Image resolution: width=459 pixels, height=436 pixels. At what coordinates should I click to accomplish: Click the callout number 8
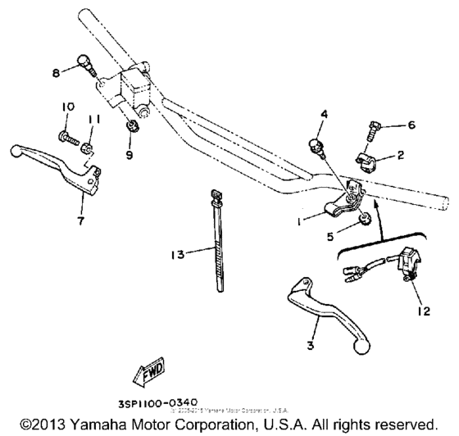(x=57, y=72)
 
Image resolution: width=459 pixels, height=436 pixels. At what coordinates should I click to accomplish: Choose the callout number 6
(x=411, y=126)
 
